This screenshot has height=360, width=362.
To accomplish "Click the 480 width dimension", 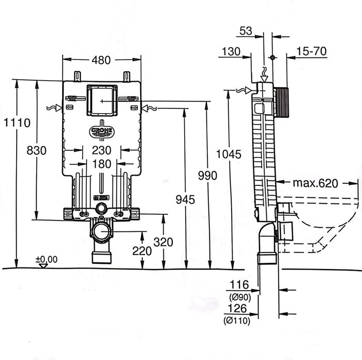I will [x=101, y=60].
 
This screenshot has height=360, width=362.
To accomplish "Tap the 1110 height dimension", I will [x=16, y=122].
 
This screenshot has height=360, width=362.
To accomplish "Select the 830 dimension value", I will [x=36, y=150].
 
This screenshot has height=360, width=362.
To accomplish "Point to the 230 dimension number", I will [x=102, y=150].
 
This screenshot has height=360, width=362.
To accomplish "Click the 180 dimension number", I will [x=102, y=164].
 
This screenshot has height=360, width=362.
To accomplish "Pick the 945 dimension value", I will [x=184, y=200].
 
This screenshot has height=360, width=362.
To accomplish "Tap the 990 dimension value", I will [x=208, y=176].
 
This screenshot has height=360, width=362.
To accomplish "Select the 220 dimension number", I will [x=142, y=251].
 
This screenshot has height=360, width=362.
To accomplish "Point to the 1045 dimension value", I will [x=228, y=153].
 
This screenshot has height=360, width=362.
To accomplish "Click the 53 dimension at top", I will [x=246, y=31].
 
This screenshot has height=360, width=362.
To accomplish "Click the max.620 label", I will [x=315, y=183].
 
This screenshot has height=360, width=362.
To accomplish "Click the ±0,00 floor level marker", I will [x=46, y=259].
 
